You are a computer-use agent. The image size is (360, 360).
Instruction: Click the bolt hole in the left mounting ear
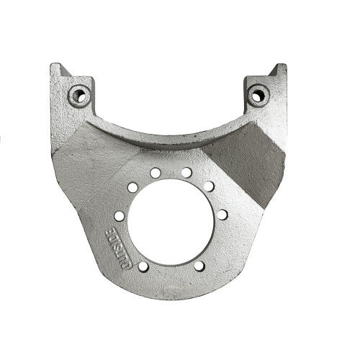coord(80,96)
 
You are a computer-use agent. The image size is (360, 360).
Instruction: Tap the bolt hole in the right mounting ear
coord(258,96)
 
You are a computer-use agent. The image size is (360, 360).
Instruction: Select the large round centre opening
coord(171,222)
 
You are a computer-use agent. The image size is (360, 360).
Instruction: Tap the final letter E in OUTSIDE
coord(111,233)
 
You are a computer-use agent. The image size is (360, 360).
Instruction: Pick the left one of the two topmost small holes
coord(156,173)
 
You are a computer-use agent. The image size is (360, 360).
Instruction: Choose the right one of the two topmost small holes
coord(186,172)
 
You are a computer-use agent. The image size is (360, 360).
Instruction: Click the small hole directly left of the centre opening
coord(120,216)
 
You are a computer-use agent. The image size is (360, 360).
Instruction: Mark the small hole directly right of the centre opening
coord(222,215)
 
